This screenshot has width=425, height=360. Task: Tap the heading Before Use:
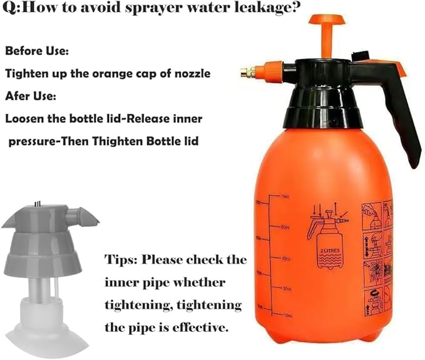point(37,49)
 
